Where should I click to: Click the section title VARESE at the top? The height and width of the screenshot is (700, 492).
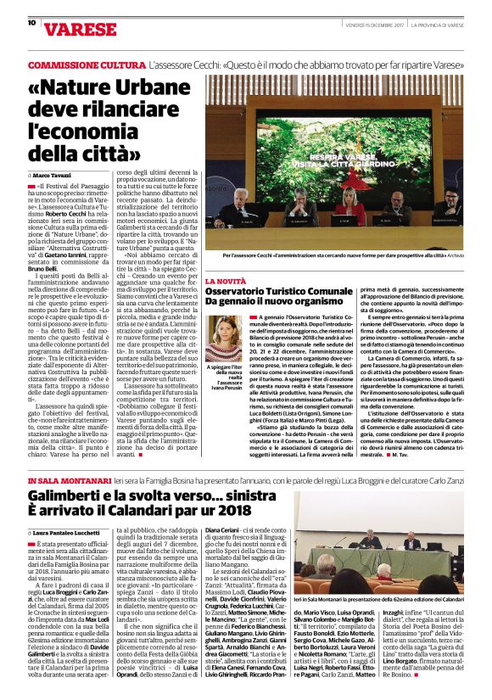[x=64, y=26]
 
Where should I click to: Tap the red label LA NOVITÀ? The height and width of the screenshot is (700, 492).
[x=226, y=280]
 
